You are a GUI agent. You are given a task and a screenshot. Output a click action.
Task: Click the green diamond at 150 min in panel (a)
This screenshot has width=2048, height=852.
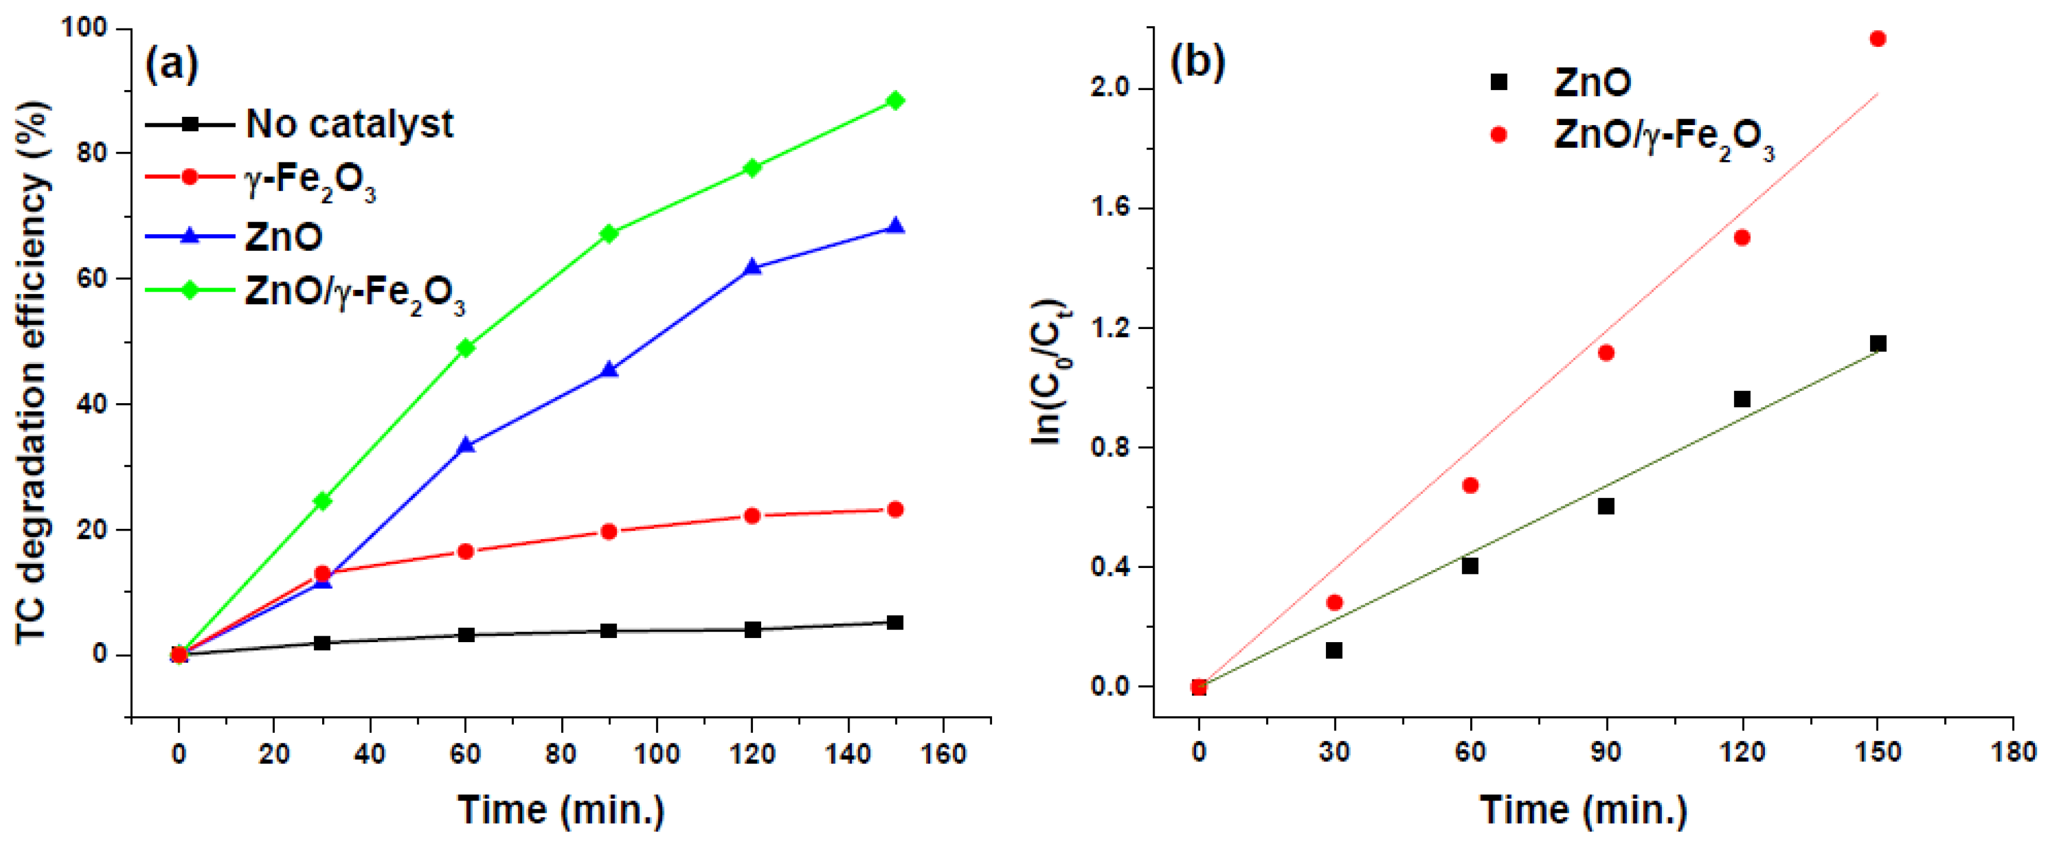click(895, 100)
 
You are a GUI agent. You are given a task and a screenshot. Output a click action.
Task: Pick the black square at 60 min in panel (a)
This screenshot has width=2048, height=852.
click(466, 634)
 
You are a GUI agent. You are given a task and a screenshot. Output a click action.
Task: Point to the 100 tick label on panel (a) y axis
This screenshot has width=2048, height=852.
click(84, 28)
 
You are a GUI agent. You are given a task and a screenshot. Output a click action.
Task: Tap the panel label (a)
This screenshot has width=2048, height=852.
click(171, 63)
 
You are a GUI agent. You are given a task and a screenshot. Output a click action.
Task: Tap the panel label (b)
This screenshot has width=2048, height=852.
click(1197, 62)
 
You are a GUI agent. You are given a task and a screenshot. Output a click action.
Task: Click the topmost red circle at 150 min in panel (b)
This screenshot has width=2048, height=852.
click(1878, 38)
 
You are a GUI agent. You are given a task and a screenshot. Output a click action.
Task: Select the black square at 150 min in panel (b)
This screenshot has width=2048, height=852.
click(1878, 343)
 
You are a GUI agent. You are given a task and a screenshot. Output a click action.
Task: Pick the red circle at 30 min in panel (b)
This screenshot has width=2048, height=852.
click(1334, 602)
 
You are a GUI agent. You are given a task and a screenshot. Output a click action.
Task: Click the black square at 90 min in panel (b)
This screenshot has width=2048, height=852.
click(1606, 506)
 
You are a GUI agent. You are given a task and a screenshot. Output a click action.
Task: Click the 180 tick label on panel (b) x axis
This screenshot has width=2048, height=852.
click(2013, 752)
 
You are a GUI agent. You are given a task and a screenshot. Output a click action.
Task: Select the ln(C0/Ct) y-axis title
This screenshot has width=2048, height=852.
click(1051, 371)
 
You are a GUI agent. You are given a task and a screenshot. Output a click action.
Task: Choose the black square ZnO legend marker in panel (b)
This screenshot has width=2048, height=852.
click(1499, 82)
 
